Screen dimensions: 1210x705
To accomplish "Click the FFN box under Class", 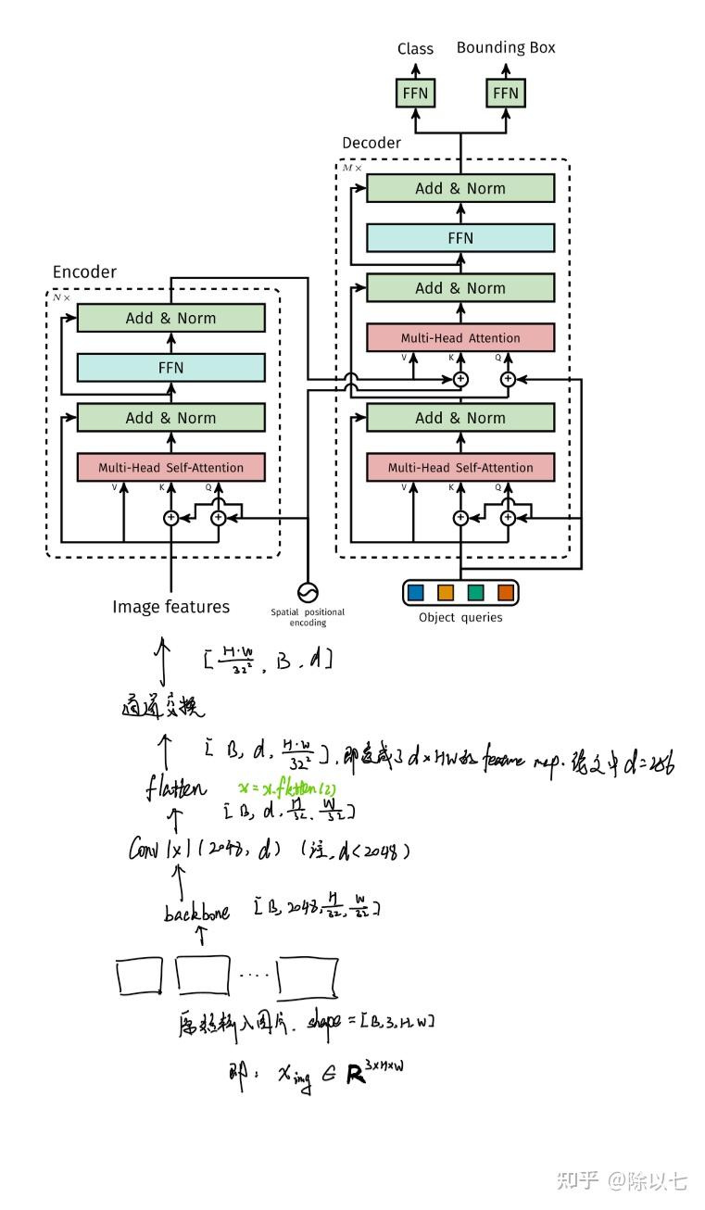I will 414,93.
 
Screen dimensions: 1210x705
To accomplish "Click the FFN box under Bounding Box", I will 505,93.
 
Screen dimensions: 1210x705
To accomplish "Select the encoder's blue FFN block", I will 170,368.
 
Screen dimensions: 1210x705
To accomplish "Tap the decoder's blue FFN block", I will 460,238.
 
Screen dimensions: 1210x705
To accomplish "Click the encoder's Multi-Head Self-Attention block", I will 170,468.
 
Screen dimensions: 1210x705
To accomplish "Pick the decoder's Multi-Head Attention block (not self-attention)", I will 460,338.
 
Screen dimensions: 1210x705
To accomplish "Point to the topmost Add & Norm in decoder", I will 460,188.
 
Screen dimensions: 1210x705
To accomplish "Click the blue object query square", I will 416,592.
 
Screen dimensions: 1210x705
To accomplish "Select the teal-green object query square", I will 475,592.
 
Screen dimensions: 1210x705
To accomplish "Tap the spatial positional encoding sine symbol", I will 307,592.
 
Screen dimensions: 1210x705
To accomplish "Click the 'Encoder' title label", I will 84,272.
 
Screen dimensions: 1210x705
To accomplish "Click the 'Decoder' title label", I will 371,143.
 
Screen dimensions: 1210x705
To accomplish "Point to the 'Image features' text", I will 170,607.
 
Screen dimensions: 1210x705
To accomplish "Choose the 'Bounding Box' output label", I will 506,47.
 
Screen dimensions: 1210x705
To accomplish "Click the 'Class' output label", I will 415,48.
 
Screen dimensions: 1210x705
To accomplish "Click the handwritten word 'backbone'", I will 197,914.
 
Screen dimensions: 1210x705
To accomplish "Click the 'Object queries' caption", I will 460,617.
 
